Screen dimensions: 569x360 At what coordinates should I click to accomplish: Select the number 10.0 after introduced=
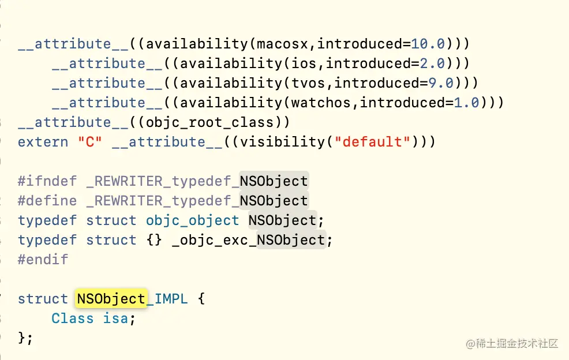428,44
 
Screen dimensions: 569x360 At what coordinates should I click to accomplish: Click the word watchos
324,103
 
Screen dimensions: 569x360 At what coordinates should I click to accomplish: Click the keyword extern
43,142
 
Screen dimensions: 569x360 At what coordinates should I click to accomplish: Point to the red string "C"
90,142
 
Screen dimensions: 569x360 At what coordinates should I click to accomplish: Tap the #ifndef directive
47,181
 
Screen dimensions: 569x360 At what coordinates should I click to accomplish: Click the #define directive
47,201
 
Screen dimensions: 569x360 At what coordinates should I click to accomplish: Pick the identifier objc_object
192,220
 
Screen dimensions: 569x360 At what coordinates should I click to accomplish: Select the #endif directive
43,260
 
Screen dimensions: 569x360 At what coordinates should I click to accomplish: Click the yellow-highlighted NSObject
111,299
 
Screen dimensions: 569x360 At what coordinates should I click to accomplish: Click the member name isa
116,318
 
